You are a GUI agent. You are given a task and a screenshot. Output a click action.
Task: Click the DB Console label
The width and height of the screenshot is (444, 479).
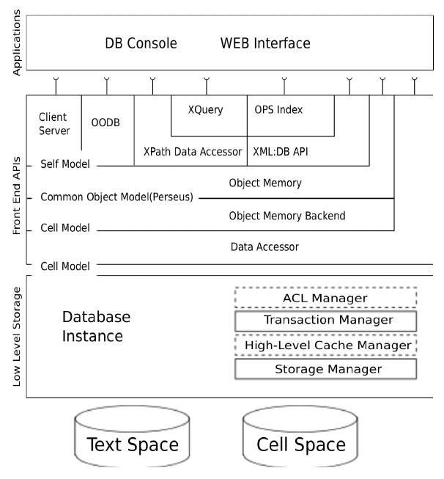coord(141,44)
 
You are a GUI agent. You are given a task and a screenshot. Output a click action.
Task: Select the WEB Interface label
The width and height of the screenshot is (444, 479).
coord(265,44)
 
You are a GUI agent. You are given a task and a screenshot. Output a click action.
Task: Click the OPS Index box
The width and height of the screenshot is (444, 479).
coord(278,111)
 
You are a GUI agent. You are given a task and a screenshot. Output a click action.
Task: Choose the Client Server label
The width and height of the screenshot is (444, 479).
coord(54,124)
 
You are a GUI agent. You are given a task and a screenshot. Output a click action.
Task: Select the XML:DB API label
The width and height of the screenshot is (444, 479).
coord(282,152)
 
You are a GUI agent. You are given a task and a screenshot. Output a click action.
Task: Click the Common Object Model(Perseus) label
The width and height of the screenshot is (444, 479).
coord(116,197)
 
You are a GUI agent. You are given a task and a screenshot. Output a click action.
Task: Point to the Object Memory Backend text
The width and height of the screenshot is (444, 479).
coord(286,216)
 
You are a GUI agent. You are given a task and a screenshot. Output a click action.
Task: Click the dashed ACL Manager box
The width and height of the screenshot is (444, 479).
coord(325,298)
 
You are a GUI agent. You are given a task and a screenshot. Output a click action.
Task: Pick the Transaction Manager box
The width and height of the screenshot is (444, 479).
coord(325,321)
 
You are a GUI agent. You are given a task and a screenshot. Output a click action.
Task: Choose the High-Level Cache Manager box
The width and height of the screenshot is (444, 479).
coord(325,344)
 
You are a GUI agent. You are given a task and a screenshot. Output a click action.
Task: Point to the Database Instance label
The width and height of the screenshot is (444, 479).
coord(96,326)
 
